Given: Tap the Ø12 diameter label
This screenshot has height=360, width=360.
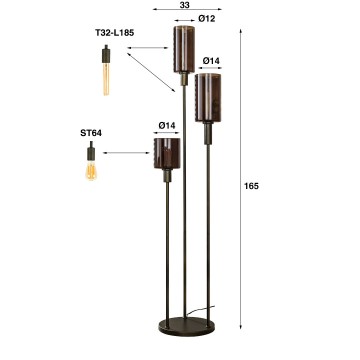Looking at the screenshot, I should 208,18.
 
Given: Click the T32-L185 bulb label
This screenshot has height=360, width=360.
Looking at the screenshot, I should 115,32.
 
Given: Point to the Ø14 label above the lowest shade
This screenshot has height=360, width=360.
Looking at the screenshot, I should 167,125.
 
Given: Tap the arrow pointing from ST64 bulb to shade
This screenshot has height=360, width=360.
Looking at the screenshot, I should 125,153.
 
